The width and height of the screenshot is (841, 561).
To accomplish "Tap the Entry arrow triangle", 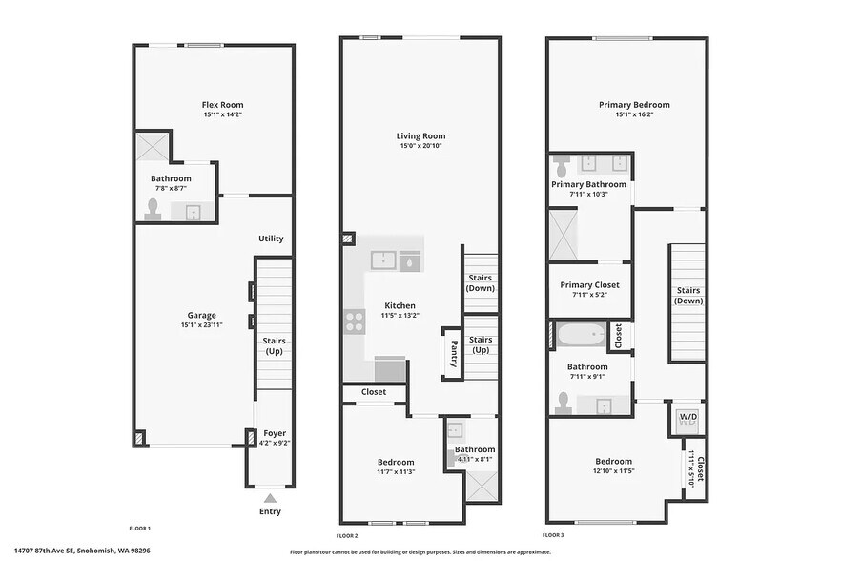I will [271, 497].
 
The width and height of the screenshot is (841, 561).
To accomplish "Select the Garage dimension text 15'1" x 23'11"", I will [201, 325].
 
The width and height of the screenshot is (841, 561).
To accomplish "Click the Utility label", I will [271, 239].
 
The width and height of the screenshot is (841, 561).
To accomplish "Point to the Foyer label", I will [275, 433].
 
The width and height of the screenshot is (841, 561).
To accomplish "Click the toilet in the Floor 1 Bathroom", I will [152, 210].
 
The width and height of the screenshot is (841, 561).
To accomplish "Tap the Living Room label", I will [420, 135].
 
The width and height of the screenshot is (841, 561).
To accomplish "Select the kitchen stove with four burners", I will [355, 322].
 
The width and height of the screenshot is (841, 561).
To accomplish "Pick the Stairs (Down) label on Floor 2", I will [481, 283].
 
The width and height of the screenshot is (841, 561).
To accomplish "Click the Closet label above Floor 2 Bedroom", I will [374, 392].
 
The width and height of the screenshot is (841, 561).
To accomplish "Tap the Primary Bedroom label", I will [634, 105].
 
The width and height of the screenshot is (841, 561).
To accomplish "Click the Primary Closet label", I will [589, 284].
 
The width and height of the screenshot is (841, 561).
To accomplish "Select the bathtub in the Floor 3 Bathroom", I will [581, 335].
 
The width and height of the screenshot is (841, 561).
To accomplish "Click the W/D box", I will [687, 418].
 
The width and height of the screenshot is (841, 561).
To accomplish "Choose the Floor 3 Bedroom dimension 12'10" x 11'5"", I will [614, 470].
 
